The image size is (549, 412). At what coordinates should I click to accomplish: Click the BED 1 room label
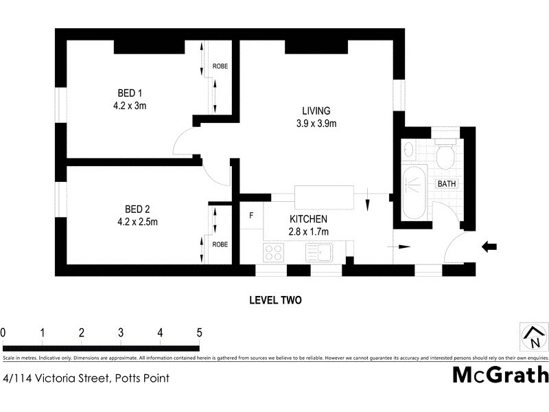pos(130,93)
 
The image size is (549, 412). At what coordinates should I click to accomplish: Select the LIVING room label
pos(316,111)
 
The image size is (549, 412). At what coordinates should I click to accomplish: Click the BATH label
pos(447,183)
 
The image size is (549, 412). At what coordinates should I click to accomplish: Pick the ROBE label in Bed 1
pos(220,67)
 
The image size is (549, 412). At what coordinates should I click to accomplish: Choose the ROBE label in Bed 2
pos(220,244)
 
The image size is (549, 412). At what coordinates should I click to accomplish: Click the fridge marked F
pos(252,216)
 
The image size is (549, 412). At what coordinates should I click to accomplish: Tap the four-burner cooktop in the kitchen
pos(274,252)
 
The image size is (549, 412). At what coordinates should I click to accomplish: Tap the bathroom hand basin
pos(409,148)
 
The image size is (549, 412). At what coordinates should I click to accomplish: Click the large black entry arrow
pos(489,246)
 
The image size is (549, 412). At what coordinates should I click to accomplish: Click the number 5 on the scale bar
pos(200,333)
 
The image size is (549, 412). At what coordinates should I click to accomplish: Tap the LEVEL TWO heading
pos(274,300)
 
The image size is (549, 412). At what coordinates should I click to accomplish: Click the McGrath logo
pos(500,376)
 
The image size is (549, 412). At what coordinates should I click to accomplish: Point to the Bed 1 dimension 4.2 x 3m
pos(130,106)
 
